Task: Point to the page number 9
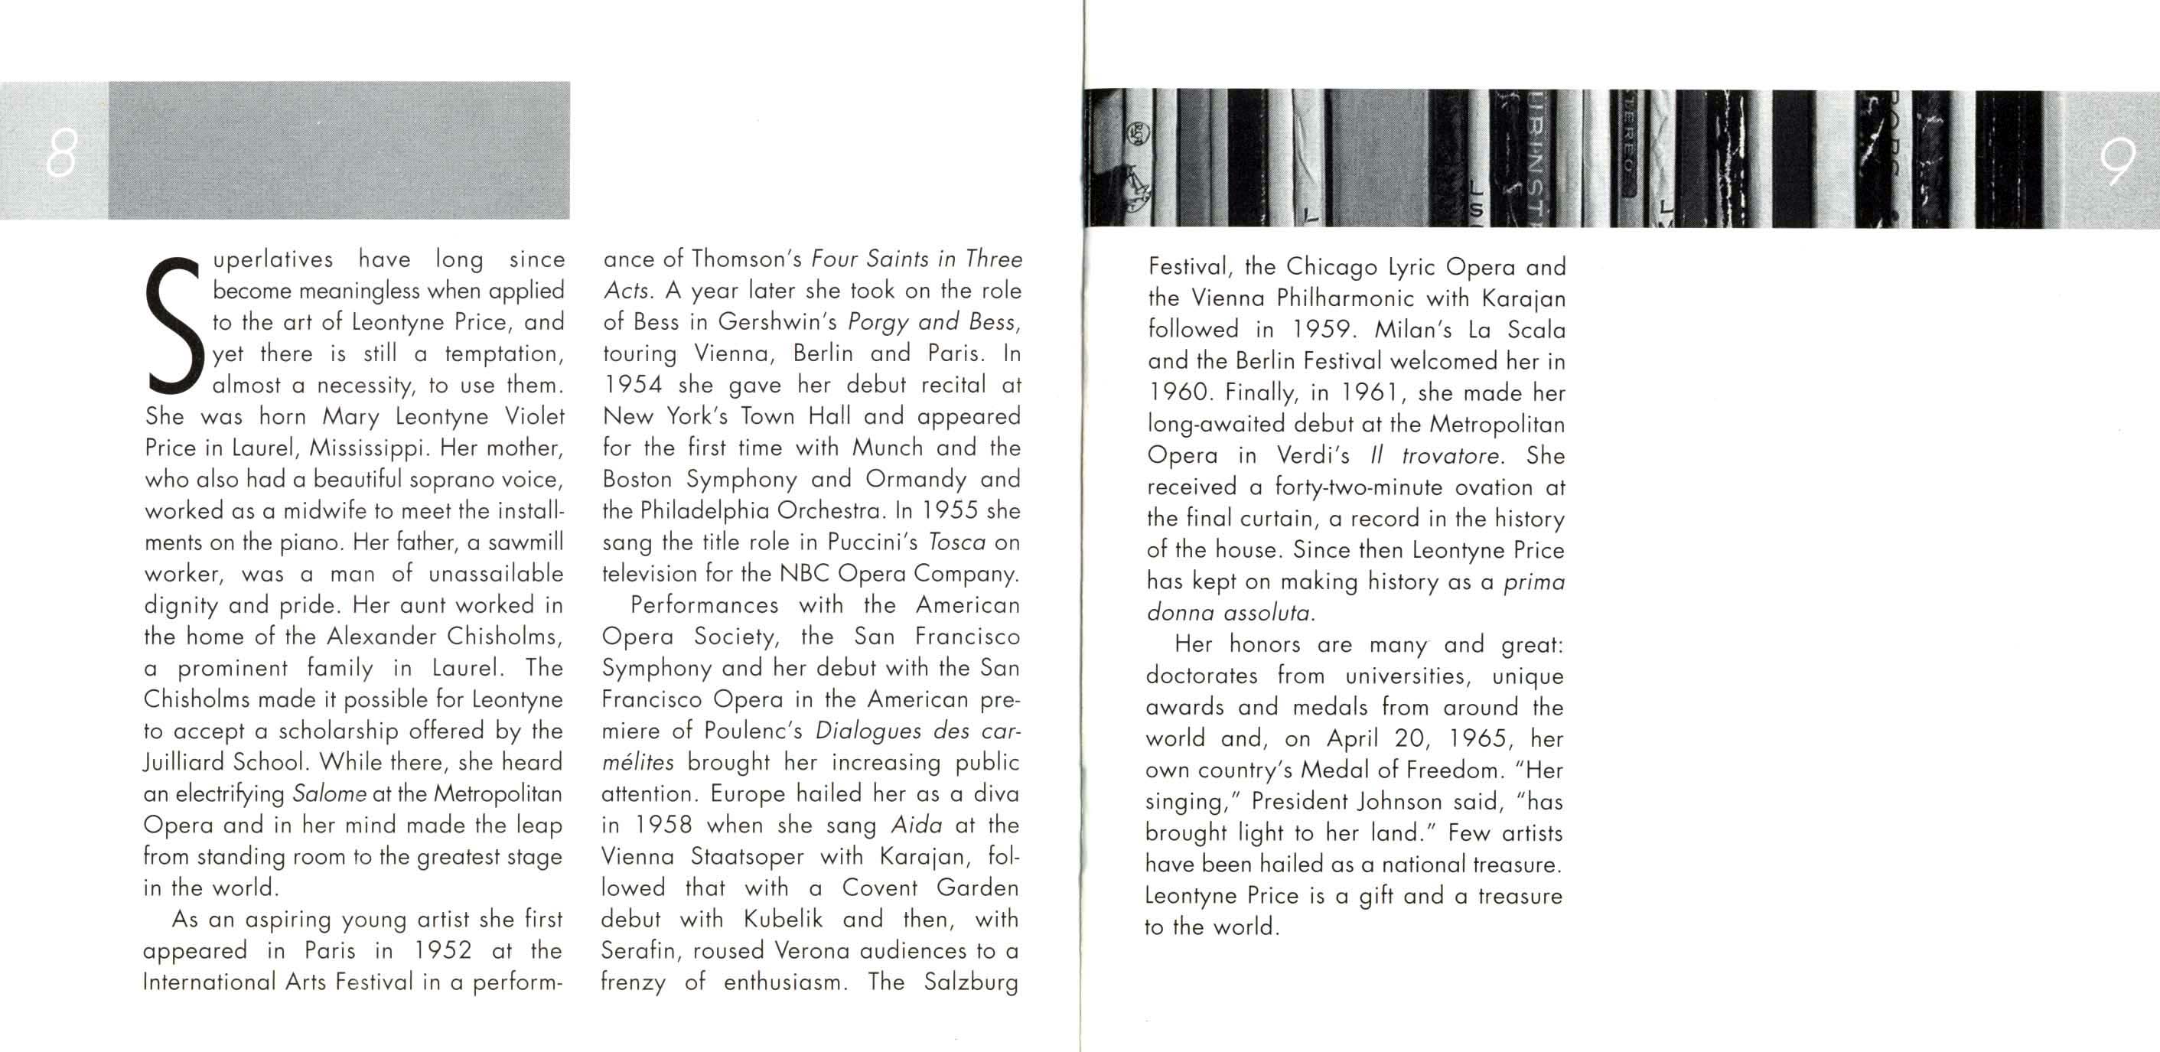(x=2117, y=161)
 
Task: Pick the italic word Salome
(x=329, y=794)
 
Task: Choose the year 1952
(x=443, y=950)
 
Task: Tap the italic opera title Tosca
(x=956, y=542)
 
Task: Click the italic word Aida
(x=916, y=826)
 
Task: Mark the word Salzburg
(x=971, y=982)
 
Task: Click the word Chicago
(x=1332, y=266)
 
